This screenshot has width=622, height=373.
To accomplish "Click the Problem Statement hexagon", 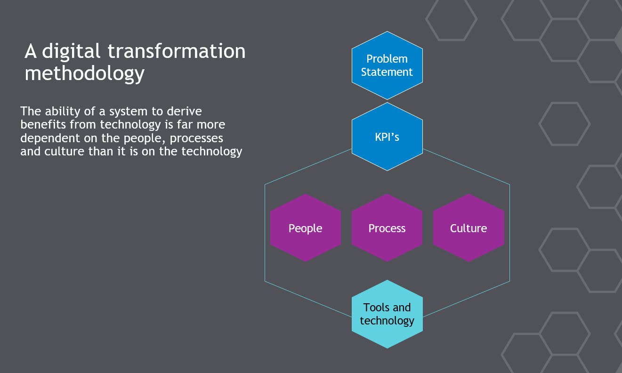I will coord(387,65).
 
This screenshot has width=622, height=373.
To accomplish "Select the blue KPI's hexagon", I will coord(387,137).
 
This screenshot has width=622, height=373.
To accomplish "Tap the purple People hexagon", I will coord(305,228).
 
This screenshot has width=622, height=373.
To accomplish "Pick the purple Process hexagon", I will coord(387,228).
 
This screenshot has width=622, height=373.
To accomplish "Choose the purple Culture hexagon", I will coord(469,228).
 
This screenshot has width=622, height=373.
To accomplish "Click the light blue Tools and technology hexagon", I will coord(387,314).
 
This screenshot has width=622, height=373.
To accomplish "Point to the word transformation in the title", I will coord(177,51).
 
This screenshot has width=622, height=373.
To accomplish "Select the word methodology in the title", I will coord(84,74).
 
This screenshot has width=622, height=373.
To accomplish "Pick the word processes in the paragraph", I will coord(196,138).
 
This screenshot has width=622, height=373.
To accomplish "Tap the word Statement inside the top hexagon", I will coord(387,72).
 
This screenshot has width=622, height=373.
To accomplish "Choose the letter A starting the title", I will coord(31,51).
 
